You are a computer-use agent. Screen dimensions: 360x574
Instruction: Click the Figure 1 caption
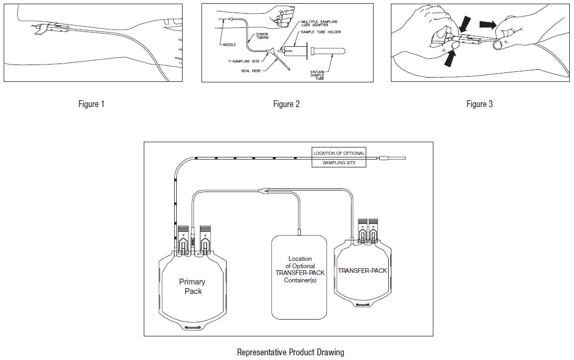(91, 104)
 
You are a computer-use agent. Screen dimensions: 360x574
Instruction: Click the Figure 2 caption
(286, 104)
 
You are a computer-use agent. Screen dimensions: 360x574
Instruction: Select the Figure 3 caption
(480, 104)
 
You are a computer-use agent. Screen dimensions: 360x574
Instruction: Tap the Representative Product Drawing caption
(290, 352)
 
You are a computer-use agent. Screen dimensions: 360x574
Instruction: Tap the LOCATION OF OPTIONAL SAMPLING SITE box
(338, 158)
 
